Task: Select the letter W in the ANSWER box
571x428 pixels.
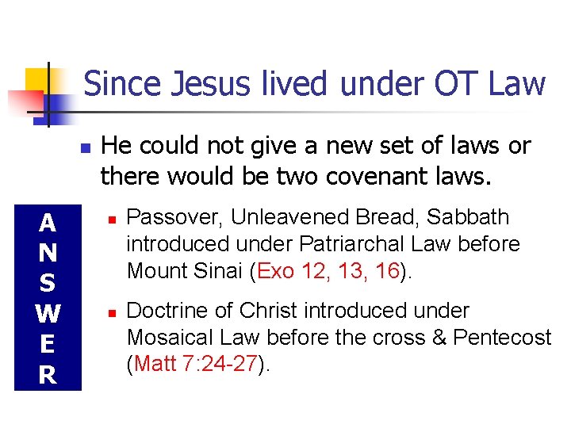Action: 48,315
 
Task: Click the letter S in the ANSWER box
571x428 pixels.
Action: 48,284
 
